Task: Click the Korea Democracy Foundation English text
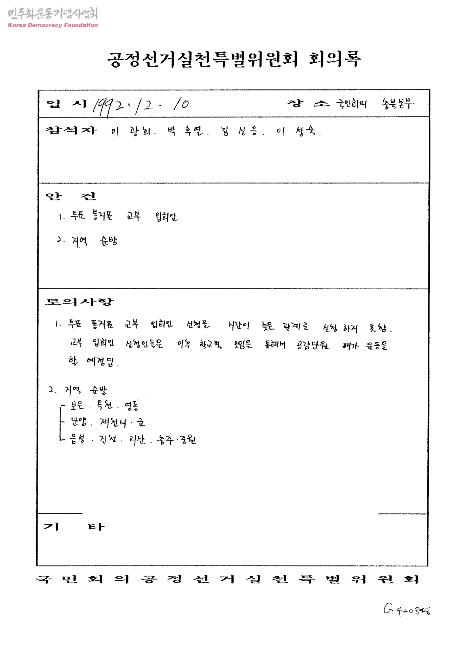(x=53, y=25)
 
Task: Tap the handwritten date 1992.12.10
(x=141, y=105)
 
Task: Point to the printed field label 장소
(x=308, y=104)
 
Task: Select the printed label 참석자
(x=71, y=130)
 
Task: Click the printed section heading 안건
(x=71, y=196)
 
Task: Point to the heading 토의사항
(x=80, y=301)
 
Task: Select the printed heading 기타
(x=74, y=527)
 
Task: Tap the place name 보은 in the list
(x=77, y=405)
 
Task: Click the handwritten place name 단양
(x=78, y=422)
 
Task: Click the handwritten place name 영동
(x=131, y=405)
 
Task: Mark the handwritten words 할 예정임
(x=93, y=362)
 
